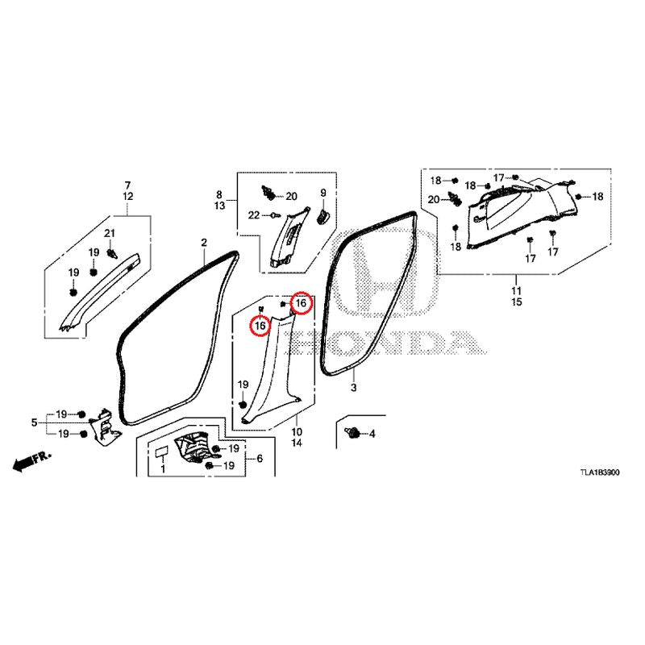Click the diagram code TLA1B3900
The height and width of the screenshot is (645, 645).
(x=599, y=472)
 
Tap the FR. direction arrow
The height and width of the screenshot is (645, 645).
(x=32, y=461)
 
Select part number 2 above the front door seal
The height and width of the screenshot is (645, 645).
(x=204, y=243)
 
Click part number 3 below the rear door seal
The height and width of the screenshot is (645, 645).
(x=353, y=387)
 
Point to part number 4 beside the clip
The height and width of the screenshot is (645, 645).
(x=372, y=434)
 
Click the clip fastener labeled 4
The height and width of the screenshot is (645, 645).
(x=352, y=432)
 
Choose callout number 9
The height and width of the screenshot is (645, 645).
(x=323, y=193)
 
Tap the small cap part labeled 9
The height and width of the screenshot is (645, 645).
(x=323, y=215)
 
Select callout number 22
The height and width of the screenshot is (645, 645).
(x=254, y=214)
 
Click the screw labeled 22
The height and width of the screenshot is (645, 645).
(x=274, y=214)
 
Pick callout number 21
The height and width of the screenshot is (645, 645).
(x=110, y=233)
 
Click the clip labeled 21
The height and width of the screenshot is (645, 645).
(x=111, y=253)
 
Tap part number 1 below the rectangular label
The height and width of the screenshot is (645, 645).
(x=163, y=468)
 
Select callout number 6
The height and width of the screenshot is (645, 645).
(x=260, y=458)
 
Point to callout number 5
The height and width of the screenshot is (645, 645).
(x=35, y=422)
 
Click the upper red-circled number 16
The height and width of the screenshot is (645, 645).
(x=301, y=303)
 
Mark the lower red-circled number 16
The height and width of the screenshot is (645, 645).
(x=260, y=327)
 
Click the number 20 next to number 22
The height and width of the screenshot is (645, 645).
(x=291, y=196)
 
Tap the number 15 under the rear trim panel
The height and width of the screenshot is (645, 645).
(x=517, y=302)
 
